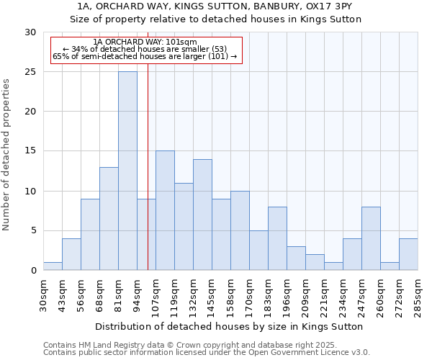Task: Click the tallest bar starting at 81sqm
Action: (127, 171)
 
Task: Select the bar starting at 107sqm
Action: (165, 210)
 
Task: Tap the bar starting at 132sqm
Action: (202, 215)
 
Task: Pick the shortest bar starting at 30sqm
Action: (53, 266)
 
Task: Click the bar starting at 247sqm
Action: (371, 238)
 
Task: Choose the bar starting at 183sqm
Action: (277, 238)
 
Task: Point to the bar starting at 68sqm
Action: (109, 218)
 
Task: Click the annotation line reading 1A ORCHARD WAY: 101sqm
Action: (145, 42)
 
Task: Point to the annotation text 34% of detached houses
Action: (145, 49)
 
